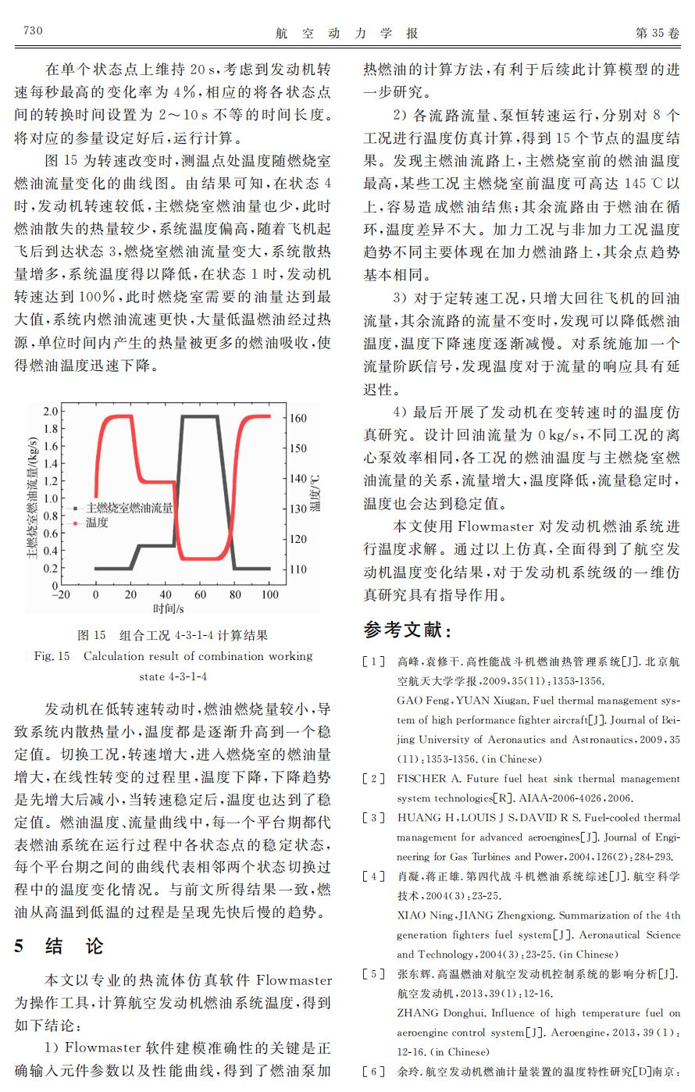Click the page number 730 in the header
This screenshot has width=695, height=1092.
pos(32,31)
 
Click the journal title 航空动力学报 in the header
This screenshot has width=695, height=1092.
pos(347,33)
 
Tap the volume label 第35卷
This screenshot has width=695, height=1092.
pos(658,33)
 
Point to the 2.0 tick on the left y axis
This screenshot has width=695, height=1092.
pos(50,412)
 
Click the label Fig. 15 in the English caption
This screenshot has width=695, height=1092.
pos(52,656)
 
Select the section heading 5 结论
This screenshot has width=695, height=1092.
pos(59,947)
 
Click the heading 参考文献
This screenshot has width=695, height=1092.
pos(407,630)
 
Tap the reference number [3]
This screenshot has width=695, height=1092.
pos(373,818)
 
